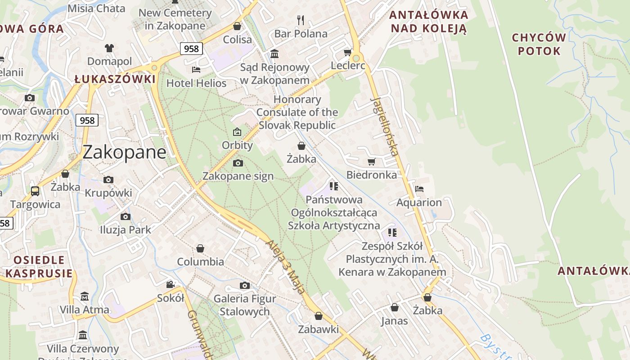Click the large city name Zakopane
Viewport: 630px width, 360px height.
(124, 152)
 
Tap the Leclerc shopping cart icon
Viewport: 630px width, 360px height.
(347, 53)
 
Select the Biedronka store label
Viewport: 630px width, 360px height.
(372, 175)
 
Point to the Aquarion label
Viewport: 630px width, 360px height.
(419, 202)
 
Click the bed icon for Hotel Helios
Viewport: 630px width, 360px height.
(196, 69)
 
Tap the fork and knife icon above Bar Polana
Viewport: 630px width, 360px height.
(301, 20)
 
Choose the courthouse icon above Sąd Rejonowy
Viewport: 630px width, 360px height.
(274, 54)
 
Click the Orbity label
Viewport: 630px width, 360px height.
(237, 145)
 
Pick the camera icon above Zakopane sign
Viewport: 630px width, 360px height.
(238, 163)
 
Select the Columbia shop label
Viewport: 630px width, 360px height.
(200, 261)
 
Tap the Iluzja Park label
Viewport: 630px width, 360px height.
(126, 229)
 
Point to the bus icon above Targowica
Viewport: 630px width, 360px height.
(35, 191)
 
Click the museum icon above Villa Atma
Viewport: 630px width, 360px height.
(85, 297)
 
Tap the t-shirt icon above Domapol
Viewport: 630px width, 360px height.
(109, 48)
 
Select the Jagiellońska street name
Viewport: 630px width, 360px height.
(385, 126)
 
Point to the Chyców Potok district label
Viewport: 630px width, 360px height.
(539, 44)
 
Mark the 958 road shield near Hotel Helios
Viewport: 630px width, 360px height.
(191, 49)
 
